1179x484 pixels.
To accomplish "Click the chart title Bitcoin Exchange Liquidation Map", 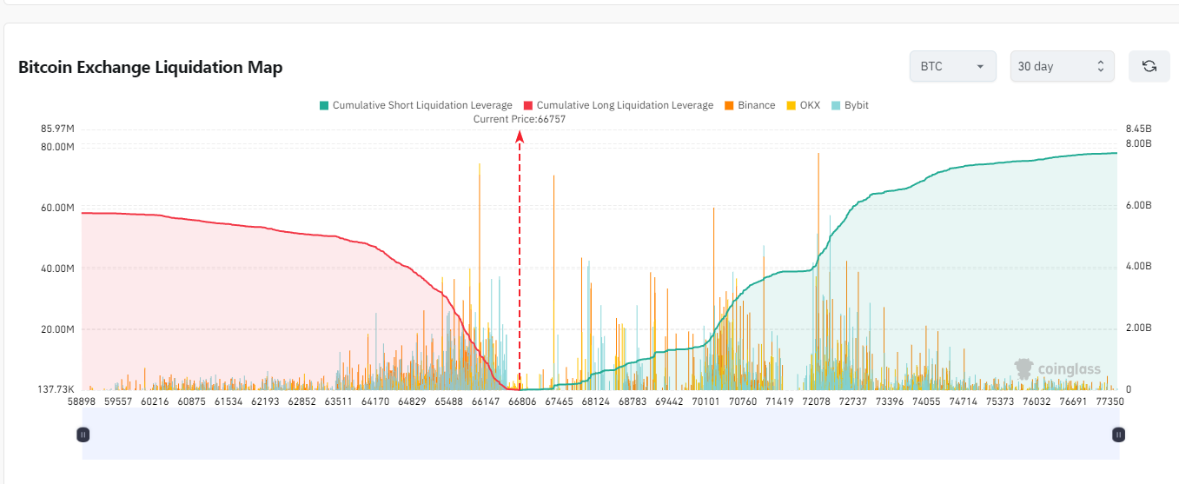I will [150, 67].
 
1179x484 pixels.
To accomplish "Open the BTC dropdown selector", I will [952, 66].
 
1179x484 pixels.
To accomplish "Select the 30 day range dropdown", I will [1062, 66].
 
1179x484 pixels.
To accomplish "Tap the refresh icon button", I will [1149, 66].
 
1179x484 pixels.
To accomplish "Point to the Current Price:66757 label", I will [519, 119].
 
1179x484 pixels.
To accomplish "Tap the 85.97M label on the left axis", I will [57, 129].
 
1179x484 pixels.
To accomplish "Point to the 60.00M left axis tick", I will [57, 208].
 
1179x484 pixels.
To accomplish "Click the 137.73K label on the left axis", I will [55, 389].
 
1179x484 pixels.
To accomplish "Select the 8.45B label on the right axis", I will [1138, 129].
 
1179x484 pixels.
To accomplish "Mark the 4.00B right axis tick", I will [1139, 267].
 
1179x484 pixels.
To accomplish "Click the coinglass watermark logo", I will [1058, 368].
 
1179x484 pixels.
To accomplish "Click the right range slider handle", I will [1119, 434].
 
